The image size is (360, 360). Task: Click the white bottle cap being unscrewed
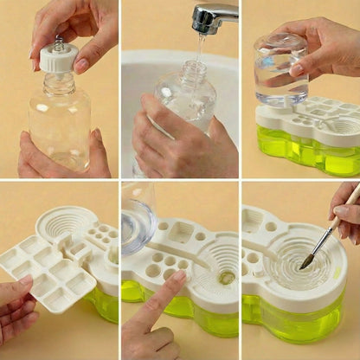[x=59, y=58]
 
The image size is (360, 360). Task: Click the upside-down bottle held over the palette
[x=280, y=69]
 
